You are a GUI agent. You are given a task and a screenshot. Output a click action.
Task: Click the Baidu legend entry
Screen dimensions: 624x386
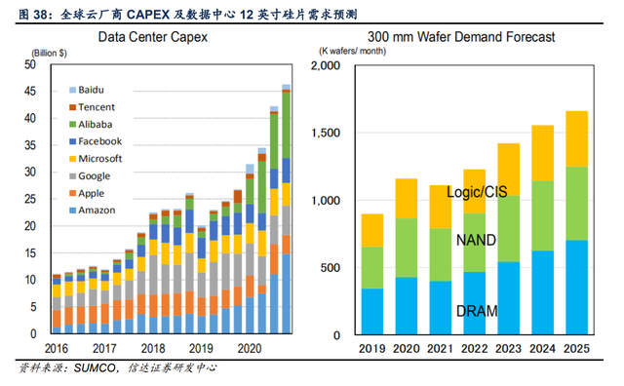(87, 90)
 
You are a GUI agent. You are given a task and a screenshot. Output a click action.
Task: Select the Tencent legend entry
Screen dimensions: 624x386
(92, 107)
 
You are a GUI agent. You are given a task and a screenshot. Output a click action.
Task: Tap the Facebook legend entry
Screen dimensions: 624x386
(96, 141)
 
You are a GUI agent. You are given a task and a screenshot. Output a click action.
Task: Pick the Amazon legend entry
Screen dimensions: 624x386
(93, 211)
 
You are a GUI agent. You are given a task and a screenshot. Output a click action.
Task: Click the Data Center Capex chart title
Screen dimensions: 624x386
(153, 37)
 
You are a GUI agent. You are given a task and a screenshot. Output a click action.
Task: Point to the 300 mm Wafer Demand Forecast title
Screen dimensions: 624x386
(461, 37)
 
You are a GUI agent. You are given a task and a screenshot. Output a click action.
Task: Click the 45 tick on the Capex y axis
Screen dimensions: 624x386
(30, 91)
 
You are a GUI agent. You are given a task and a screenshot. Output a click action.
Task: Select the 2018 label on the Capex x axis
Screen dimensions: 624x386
(153, 349)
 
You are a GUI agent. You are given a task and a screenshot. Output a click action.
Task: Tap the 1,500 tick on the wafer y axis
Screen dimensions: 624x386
(326, 133)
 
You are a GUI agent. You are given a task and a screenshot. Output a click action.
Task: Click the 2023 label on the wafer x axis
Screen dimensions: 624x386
(508, 349)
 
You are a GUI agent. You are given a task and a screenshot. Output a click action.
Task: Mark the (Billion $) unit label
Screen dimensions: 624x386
(49, 53)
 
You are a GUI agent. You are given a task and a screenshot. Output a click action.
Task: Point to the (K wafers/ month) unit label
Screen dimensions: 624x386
(352, 51)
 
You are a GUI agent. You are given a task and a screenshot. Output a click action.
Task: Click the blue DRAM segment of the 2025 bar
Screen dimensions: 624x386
(576, 287)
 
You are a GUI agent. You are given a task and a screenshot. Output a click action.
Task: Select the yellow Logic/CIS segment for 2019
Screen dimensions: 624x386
(372, 230)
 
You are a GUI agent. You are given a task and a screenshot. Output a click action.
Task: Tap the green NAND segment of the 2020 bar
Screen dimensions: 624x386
(407, 248)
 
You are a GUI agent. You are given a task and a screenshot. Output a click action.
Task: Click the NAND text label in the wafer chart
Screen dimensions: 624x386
(476, 240)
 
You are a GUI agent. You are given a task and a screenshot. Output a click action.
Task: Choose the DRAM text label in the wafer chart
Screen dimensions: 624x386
(477, 311)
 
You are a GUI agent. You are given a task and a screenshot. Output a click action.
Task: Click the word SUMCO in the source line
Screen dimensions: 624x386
(94, 367)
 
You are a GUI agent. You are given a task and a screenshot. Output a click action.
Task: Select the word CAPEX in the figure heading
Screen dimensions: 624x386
(148, 15)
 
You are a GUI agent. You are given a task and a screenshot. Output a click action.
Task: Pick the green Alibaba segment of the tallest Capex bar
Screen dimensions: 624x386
(286, 126)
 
